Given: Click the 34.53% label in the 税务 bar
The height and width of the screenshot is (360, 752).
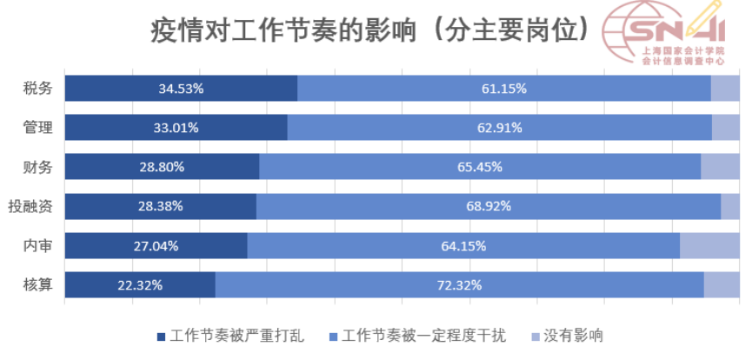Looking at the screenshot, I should [181, 88].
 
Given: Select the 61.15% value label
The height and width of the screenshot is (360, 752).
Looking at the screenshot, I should [504, 88].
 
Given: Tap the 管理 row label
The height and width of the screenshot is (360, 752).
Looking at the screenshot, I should [38, 128].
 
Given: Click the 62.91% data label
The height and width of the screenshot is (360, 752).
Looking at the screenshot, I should [500, 128].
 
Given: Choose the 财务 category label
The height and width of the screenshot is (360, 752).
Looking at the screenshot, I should [38, 167].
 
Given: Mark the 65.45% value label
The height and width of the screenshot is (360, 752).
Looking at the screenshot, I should [481, 167].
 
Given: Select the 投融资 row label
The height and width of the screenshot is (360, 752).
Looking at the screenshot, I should [30, 206].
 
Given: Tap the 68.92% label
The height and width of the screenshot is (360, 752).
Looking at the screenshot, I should [489, 206].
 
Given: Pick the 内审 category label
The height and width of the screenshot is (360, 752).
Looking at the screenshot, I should [38, 245].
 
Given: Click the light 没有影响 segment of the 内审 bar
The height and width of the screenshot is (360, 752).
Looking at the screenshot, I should [709, 245].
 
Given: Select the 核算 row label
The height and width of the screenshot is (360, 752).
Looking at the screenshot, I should [38, 284].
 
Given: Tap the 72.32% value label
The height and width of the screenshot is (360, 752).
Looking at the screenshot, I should [460, 284].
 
